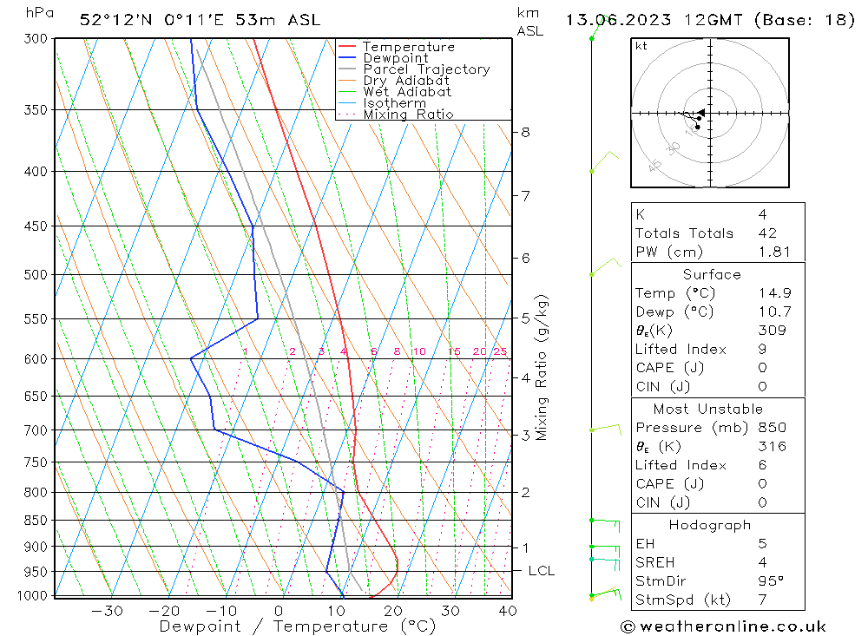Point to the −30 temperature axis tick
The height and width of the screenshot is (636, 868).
click(107, 611)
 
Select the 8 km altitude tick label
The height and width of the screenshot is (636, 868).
click(526, 132)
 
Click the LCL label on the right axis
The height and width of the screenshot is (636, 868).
click(541, 571)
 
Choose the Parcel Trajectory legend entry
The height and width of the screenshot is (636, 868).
click(425, 69)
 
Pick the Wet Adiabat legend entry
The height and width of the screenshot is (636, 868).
click(407, 92)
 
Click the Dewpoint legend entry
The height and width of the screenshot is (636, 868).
click(395, 58)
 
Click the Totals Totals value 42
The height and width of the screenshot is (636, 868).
click(767, 233)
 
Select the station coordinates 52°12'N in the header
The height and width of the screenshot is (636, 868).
click(118, 20)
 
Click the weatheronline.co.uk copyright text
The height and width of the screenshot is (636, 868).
click(723, 626)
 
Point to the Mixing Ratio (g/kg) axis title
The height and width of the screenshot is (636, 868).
click(542, 366)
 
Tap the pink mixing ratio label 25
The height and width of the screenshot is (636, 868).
click(500, 351)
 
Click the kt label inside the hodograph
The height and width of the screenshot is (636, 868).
click(641, 46)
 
